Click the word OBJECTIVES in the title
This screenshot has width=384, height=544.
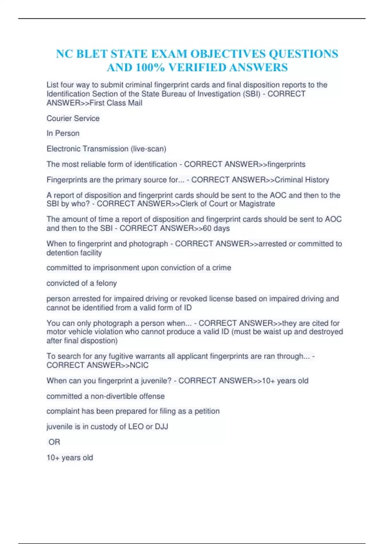point(228,54)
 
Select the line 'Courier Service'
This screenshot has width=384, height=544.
point(73,118)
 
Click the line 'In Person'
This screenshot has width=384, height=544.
point(63,133)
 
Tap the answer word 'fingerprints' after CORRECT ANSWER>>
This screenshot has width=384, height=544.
point(286,164)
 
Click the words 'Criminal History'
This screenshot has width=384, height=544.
point(302,180)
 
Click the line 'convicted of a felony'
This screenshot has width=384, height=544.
point(82,283)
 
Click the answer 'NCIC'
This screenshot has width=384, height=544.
point(139,365)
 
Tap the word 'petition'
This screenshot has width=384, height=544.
point(207,411)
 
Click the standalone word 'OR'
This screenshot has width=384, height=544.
point(54,442)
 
